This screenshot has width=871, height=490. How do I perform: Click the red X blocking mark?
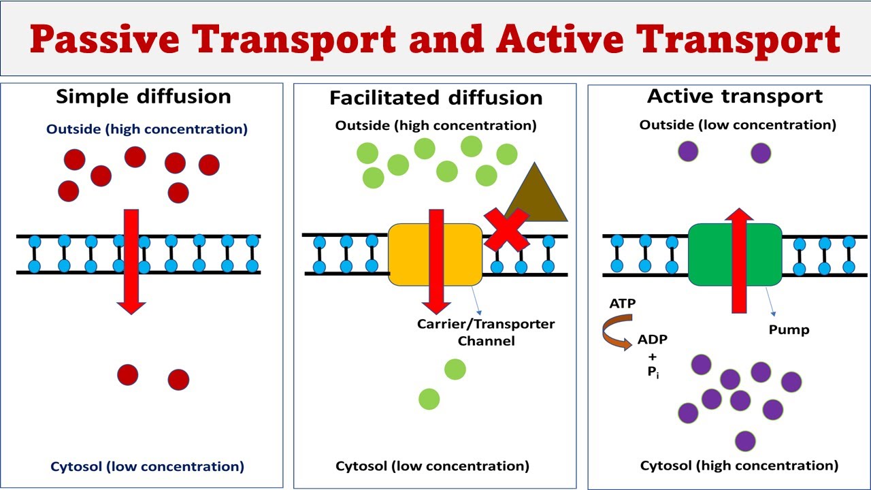(x=506, y=229)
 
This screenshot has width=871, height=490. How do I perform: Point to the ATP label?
(x=623, y=304)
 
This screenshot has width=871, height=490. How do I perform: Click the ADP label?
(x=653, y=340)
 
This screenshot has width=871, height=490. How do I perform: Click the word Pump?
(x=789, y=330)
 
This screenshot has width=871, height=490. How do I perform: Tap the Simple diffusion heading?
(x=144, y=97)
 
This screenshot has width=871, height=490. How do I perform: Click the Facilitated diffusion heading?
(x=436, y=98)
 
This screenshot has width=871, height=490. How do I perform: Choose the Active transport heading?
(x=735, y=97)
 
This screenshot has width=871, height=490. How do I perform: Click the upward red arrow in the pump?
(x=739, y=261)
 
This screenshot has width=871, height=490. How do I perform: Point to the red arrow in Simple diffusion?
(x=131, y=262)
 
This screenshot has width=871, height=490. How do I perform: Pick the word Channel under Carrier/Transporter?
(x=486, y=341)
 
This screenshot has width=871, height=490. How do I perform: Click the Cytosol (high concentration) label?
(x=739, y=466)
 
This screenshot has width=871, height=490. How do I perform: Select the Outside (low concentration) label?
(x=738, y=125)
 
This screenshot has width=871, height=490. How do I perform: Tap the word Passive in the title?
(x=105, y=39)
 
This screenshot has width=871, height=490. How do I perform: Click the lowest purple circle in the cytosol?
(x=745, y=442)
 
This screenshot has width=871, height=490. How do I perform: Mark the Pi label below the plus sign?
(x=653, y=372)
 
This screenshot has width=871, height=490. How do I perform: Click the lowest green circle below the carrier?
(x=429, y=399)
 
